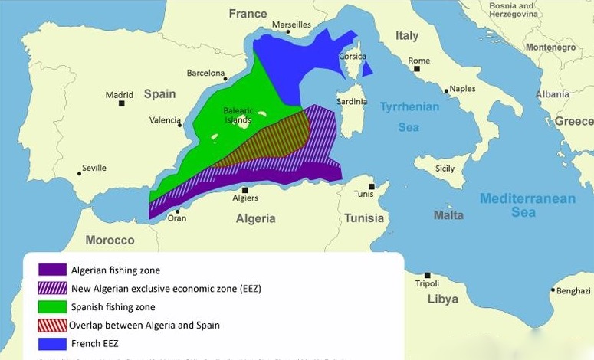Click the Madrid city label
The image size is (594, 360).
click(119, 95)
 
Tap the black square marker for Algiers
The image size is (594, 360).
click(245, 189)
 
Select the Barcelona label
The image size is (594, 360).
click(205, 74)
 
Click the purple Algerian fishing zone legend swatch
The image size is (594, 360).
click(52, 270)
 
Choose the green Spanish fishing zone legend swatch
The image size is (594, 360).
click(52, 306)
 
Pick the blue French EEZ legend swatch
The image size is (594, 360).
click(52, 343)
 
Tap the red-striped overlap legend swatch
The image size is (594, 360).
click(52, 325)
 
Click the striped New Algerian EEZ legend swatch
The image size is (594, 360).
click(52, 288)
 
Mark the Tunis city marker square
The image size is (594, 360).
click(371, 186)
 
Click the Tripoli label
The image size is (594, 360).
click(428, 283)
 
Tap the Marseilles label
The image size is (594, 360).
click(291, 25)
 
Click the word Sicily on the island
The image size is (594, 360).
click(445, 169)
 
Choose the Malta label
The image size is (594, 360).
click(448, 215)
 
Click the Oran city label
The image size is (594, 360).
click(177, 218)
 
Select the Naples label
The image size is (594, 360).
click(463, 89)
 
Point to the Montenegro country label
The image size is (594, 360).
click(550, 47)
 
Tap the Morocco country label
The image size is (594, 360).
click(110, 240)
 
